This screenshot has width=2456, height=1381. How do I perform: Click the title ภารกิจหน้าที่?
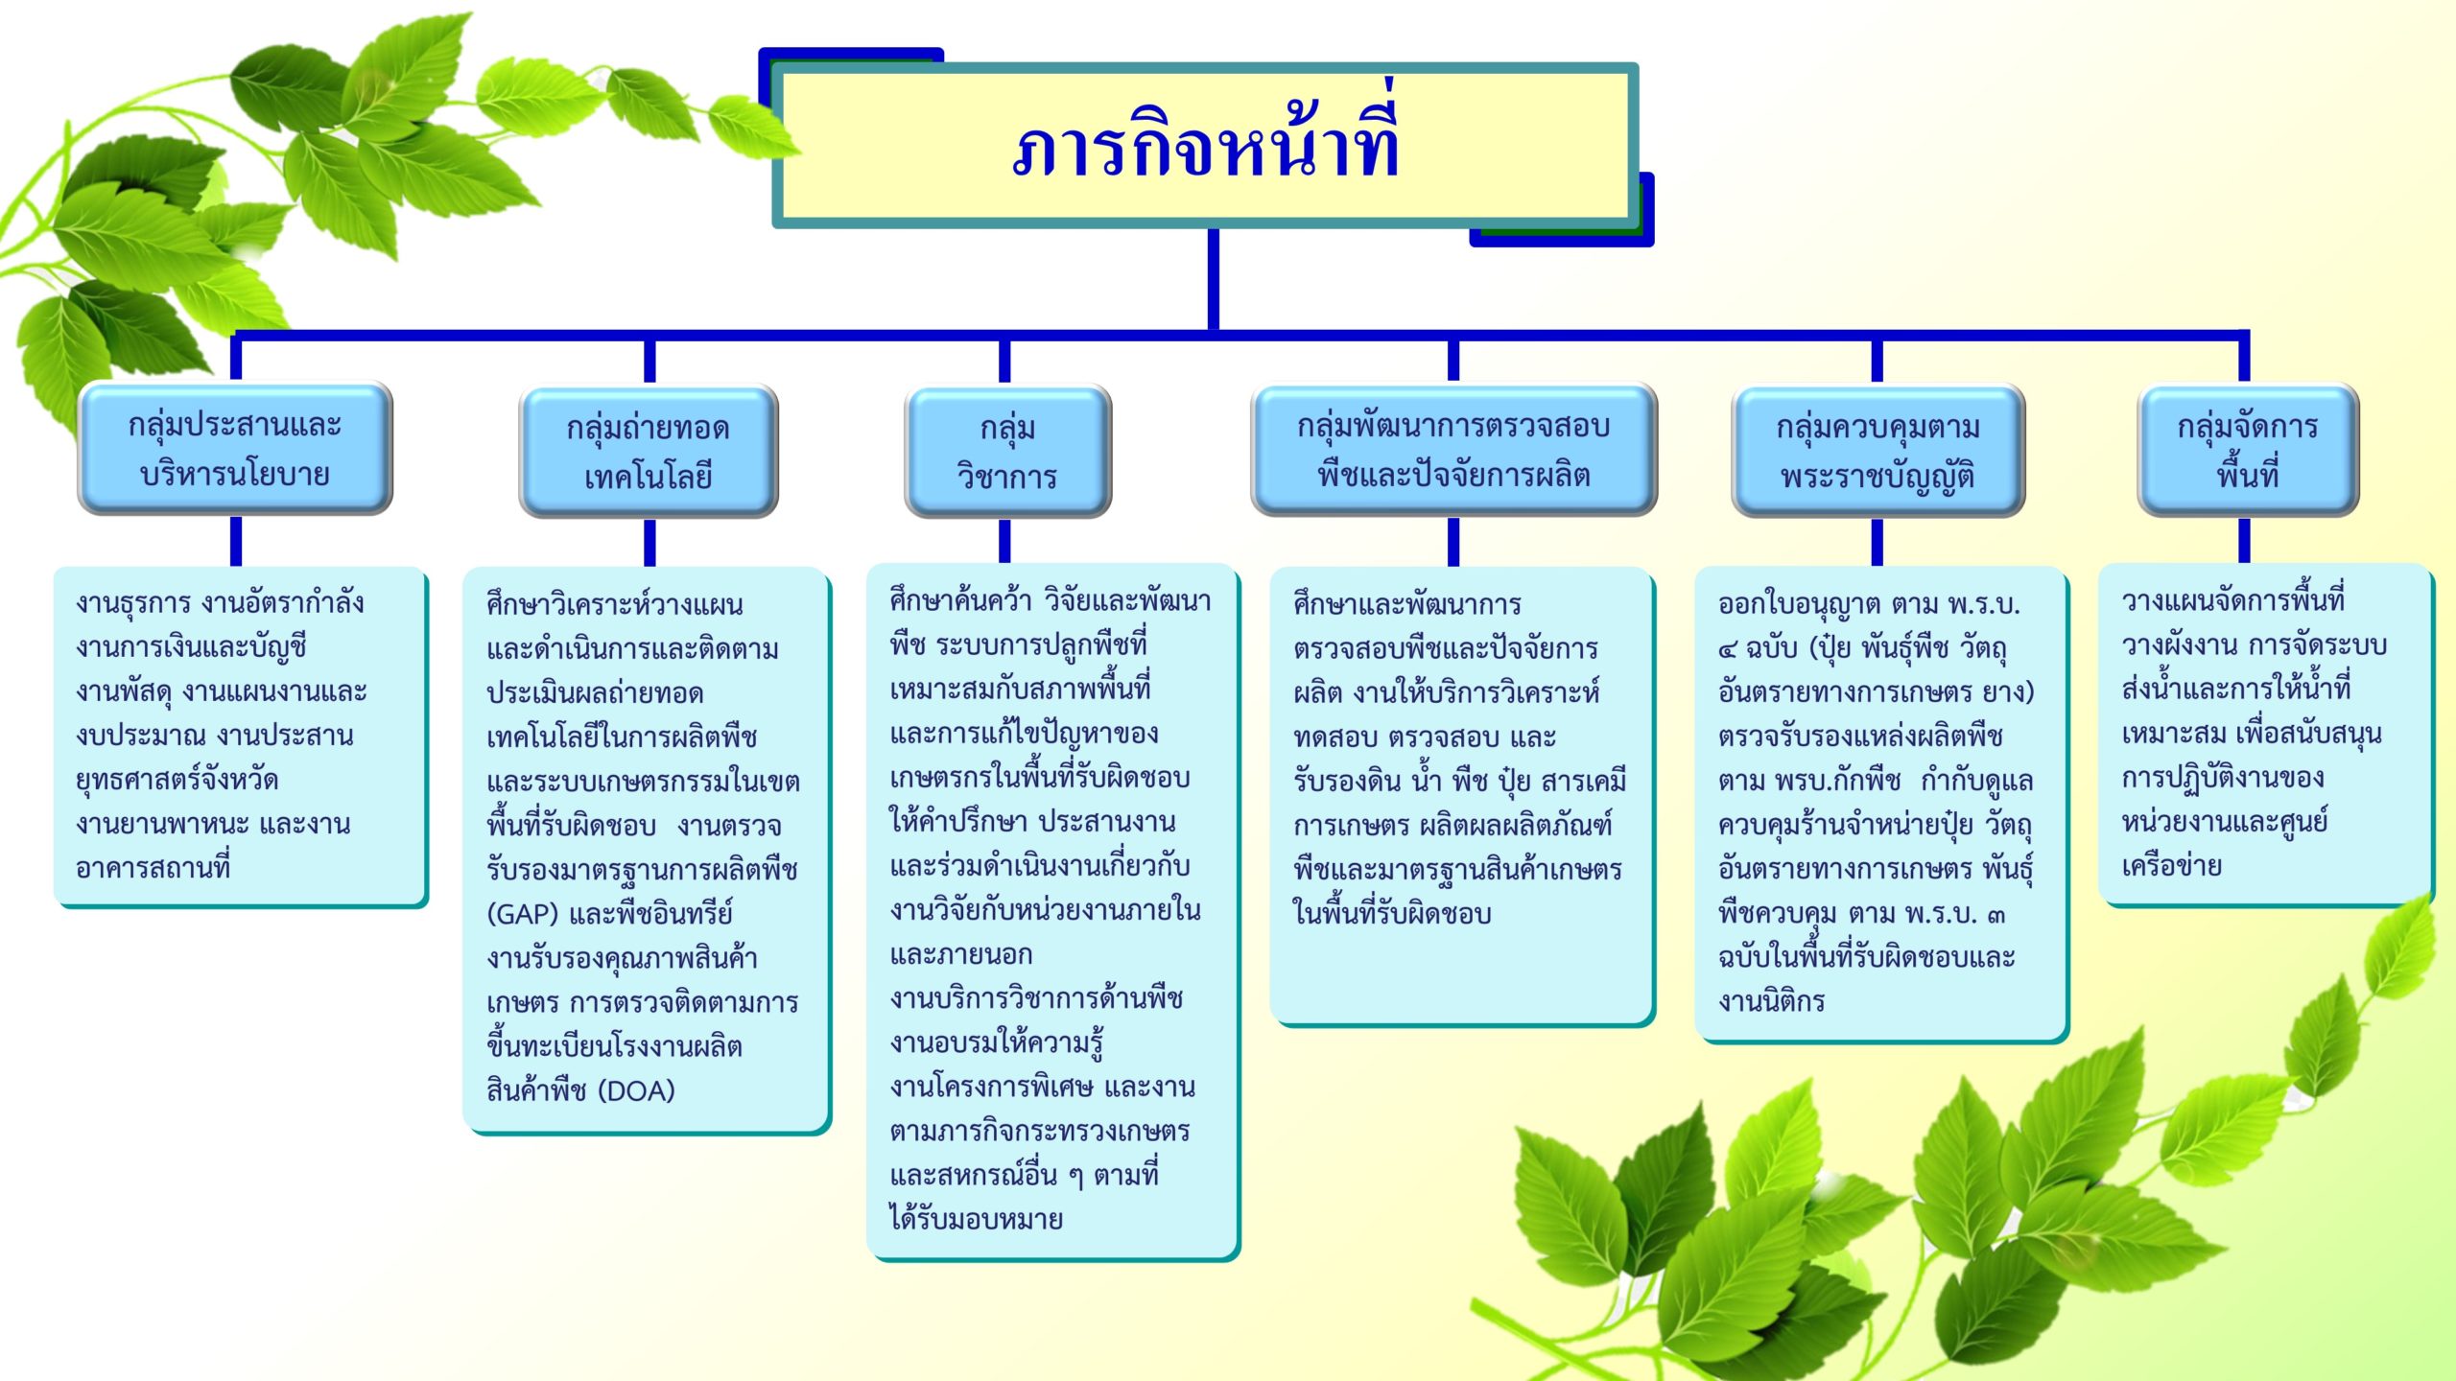(x=1206, y=144)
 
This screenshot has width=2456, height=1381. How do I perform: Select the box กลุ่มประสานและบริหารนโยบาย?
(x=235, y=449)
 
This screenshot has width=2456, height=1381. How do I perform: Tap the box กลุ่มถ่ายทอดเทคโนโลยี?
(x=649, y=452)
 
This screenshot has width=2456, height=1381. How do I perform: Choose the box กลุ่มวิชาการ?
(x=1007, y=452)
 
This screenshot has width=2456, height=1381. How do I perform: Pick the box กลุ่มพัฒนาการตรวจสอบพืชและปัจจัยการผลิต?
(x=1453, y=450)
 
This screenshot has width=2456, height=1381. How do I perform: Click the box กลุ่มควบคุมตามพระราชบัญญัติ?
(x=1877, y=451)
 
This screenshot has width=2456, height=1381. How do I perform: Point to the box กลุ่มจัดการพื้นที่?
(x=2247, y=450)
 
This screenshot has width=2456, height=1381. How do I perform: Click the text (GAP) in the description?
(x=524, y=914)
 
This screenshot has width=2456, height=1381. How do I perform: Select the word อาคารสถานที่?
(x=153, y=868)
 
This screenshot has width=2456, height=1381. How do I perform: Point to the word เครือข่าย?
(x=2172, y=866)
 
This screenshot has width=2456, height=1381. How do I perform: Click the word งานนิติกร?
(x=1772, y=1001)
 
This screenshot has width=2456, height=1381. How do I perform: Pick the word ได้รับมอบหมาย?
(x=977, y=1219)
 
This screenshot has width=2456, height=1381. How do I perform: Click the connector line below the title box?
(x=1214, y=280)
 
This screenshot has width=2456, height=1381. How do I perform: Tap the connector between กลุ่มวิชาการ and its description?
(x=1004, y=540)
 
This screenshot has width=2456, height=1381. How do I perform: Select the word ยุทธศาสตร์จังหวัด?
(x=177, y=780)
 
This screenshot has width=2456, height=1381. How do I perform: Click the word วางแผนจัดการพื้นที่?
(x=2233, y=601)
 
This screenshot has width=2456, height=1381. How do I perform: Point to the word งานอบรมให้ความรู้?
(x=997, y=1042)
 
